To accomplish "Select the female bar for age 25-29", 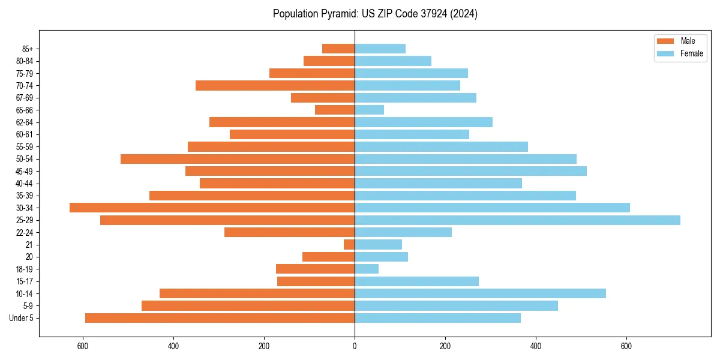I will [x=517, y=220].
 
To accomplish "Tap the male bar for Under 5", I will [x=220, y=318].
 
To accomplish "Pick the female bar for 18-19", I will [x=367, y=269].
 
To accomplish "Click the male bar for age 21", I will [x=349, y=245].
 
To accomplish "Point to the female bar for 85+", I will [x=380, y=49].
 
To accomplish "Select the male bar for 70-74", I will [x=275, y=86].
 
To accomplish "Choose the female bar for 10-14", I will [x=480, y=293].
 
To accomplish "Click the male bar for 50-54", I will [x=238, y=159].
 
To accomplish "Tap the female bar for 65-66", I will [x=369, y=110].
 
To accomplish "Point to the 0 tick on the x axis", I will [x=355, y=346].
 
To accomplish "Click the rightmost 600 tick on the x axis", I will [x=626, y=346].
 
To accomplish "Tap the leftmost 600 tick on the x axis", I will [x=83, y=346].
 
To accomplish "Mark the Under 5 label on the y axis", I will [x=22, y=318].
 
